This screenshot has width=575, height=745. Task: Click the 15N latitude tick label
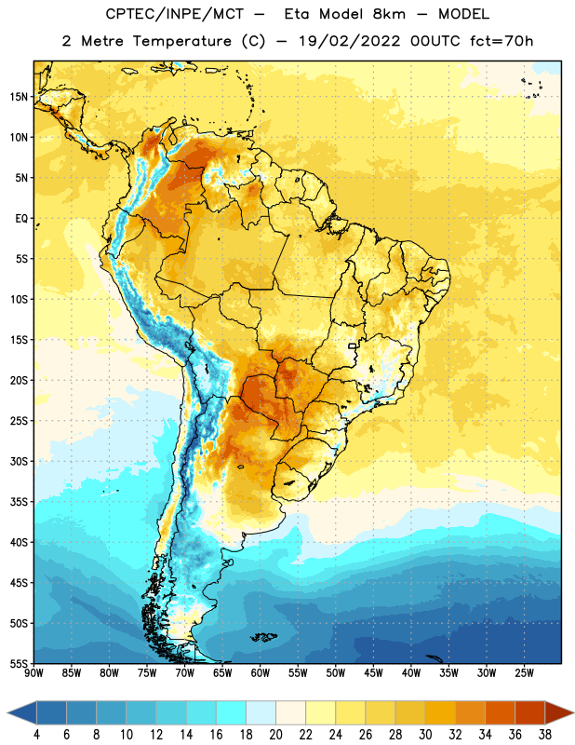(19, 97)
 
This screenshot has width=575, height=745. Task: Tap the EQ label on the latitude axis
(21, 219)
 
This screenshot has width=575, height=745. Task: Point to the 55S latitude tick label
(19, 664)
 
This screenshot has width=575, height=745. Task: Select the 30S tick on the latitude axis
(19, 461)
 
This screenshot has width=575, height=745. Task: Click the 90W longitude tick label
(33, 673)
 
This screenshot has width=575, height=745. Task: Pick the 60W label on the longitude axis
(261, 673)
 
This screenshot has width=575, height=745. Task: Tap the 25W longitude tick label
(524, 673)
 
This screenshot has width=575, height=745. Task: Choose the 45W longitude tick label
(373, 673)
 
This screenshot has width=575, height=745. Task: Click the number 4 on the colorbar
(36, 735)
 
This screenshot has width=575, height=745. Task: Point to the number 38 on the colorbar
(545, 735)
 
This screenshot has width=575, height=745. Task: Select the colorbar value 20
(275, 735)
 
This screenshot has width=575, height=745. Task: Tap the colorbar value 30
(425, 735)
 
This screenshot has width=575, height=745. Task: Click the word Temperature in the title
(181, 41)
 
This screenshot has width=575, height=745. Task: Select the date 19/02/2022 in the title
(350, 41)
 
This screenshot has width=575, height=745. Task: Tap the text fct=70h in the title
(501, 41)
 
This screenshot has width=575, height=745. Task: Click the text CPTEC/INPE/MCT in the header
(175, 14)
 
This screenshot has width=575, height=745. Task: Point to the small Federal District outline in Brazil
(353, 345)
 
